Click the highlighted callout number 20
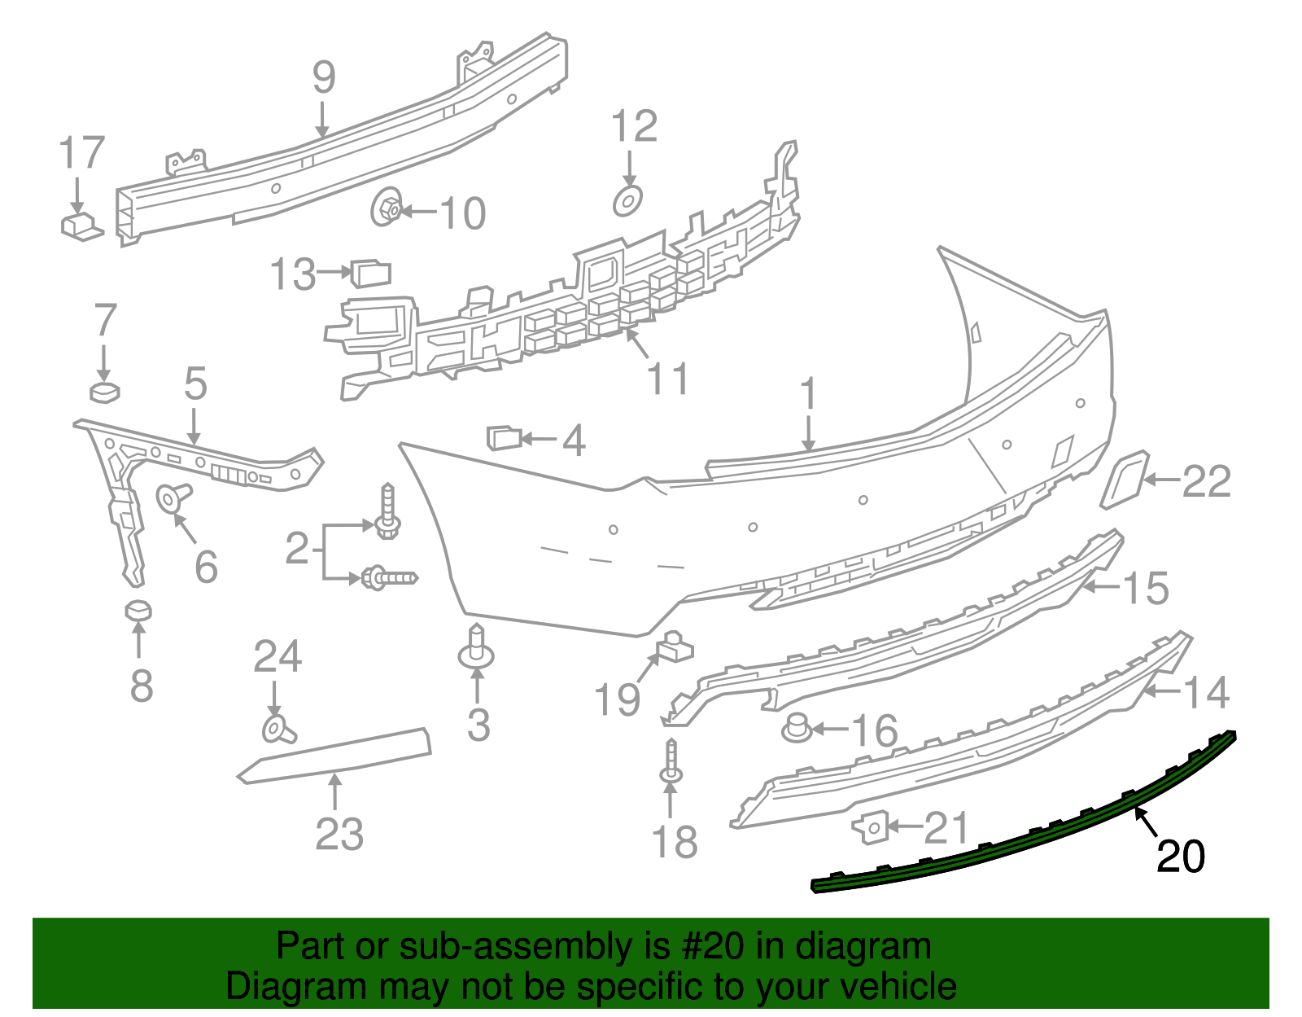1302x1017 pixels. [x=1180, y=857]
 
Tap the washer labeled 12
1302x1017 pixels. [x=627, y=200]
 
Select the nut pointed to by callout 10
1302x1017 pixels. [x=386, y=208]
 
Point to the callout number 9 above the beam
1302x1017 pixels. [x=324, y=78]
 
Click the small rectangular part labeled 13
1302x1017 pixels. [x=371, y=273]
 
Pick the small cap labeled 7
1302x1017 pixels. [x=105, y=392]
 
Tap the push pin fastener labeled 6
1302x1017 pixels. [x=173, y=496]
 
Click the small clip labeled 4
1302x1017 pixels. [x=503, y=438]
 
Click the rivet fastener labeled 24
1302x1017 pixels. [x=277, y=728]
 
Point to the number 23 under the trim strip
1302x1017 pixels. [x=339, y=834]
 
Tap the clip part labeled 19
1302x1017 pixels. [x=675, y=647]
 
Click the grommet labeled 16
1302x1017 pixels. [x=797, y=727]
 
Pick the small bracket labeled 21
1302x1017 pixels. [x=869, y=827]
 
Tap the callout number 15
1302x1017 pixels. [x=1146, y=588]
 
